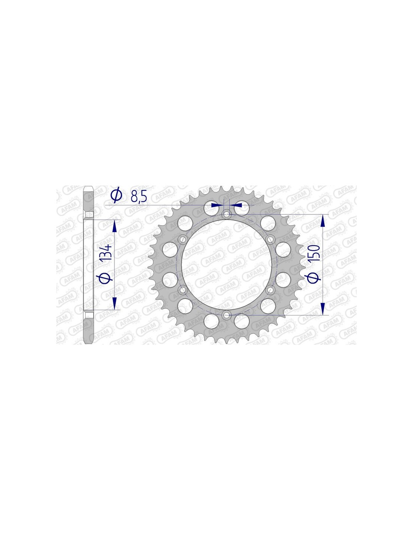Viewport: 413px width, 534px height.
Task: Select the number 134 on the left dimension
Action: coord(107,252)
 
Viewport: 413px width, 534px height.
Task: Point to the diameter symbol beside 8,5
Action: coord(116,195)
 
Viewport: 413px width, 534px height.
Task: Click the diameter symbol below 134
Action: coord(106,278)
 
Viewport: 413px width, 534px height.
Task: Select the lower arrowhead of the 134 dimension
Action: coord(114,303)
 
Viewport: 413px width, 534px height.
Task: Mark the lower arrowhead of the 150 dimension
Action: coord(323,309)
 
